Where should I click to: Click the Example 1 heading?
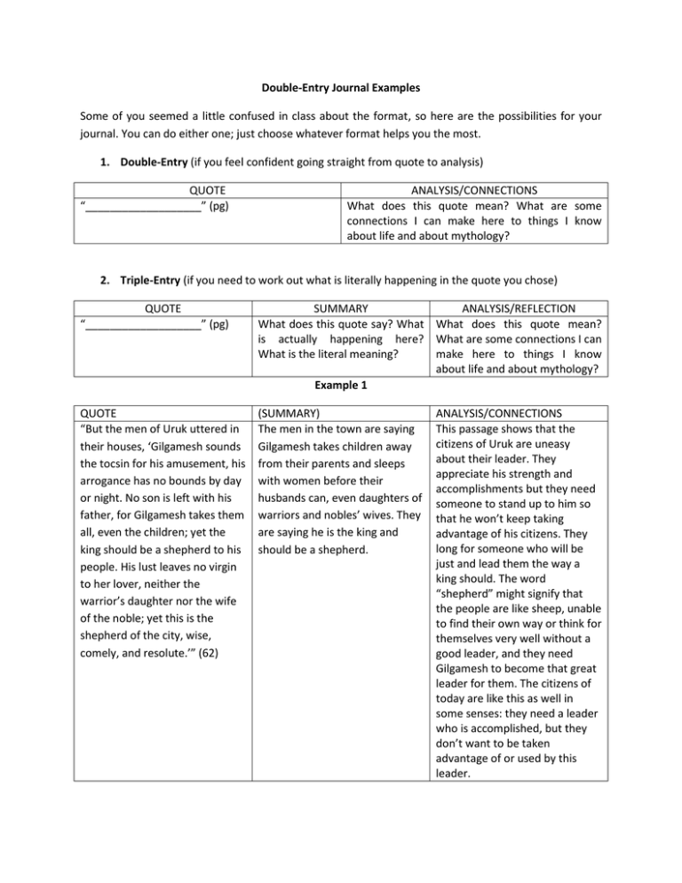pyautogui.click(x=341, y=387)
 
